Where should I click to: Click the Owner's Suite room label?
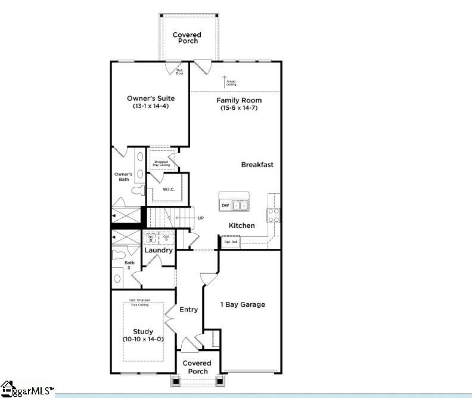point(150,98)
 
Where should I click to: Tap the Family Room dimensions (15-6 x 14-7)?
point(239,108)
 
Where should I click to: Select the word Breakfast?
point(257,165)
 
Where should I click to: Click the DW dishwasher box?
point(225,206)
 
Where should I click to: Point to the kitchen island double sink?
point(241,206)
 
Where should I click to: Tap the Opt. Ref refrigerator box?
point(231,242)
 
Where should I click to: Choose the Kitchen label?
point(242,226)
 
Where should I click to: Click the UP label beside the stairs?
point(200,218)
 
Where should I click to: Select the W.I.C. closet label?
point(168,190)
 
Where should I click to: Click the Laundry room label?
point(159,250)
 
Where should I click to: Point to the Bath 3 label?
point(129,266)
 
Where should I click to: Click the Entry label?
point(188,309)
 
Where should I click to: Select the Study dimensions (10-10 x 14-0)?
point(143,339)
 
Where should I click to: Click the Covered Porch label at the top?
point(187,38)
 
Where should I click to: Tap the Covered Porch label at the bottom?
point(197,367)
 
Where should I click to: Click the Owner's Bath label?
point(123,177)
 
